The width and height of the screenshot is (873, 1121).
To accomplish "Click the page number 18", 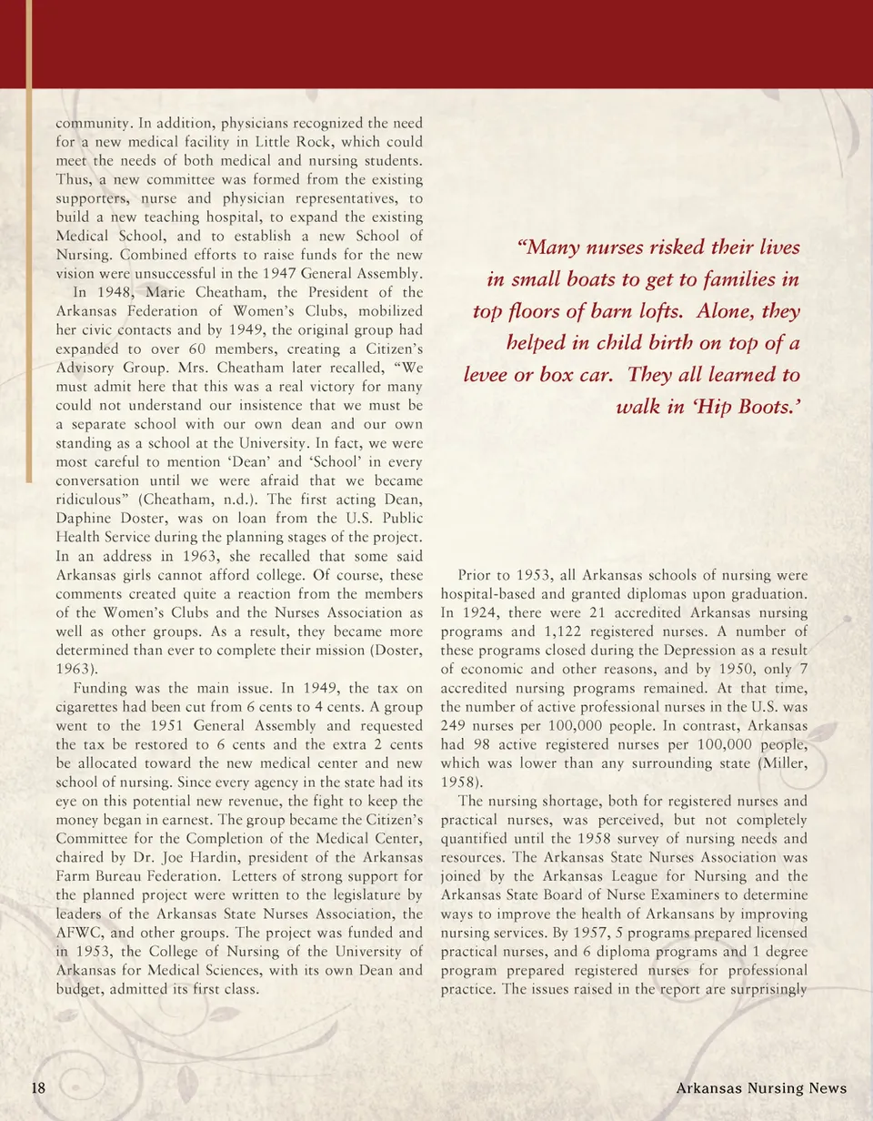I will (x=38, y=1089).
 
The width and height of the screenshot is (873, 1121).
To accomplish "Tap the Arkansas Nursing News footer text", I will (x=762, y=1089).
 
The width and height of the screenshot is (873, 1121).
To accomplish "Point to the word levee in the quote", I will (x=491, y=375).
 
